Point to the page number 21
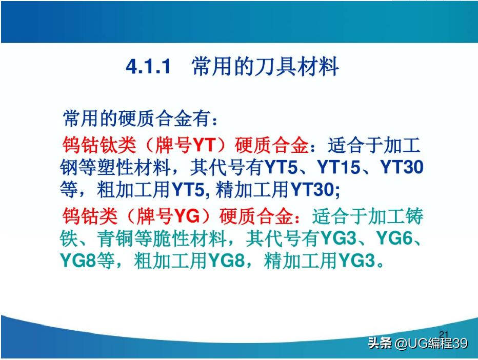[x=444, y=335]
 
